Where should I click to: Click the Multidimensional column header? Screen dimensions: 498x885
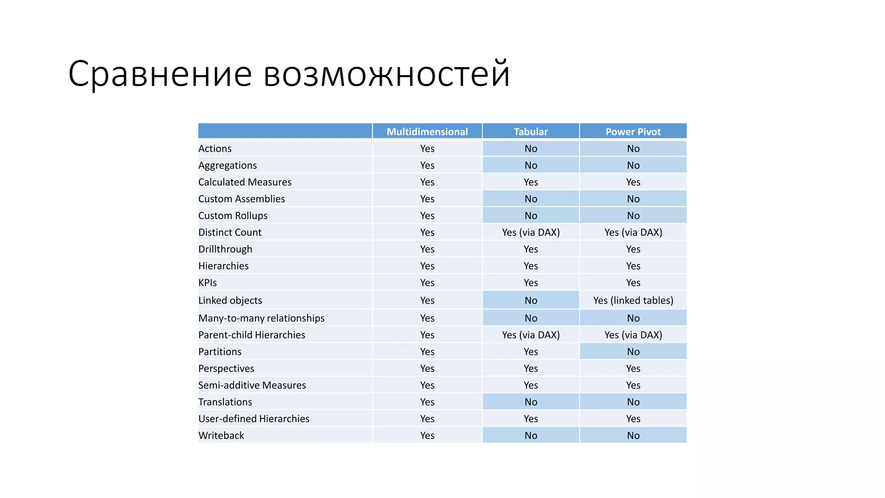pos(427,131)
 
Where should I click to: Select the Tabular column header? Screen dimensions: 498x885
pos(531,131)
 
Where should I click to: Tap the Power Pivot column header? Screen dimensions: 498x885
pos(633,131)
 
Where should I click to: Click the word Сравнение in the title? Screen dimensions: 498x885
pos(160,73)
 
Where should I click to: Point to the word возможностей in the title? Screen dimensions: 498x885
pos(387,73)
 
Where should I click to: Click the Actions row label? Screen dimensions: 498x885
pos(215,149)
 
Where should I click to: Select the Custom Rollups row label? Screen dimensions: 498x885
pos(233,216)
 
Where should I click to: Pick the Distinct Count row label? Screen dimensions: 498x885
pos(230,233)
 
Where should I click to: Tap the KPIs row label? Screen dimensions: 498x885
pos(207,283)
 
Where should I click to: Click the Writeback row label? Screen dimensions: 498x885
pos(221,436)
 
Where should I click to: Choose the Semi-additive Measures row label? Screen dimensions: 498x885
pos(252,385)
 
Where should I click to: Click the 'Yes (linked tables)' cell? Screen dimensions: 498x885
pos(633,300)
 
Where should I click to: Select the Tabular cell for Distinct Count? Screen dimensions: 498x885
pos(531,233)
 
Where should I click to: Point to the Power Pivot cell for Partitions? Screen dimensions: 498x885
pos(633,352)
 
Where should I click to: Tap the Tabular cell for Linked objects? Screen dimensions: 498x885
pos(531,300)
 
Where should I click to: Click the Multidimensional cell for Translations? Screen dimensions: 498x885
pos(427,402)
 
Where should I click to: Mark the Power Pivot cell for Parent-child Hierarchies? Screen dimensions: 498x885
pos(633,335)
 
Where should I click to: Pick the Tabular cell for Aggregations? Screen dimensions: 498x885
pos(531,166)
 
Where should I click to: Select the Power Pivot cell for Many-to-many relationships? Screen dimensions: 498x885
pos(633,318)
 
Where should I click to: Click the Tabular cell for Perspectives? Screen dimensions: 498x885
pos(531,369)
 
